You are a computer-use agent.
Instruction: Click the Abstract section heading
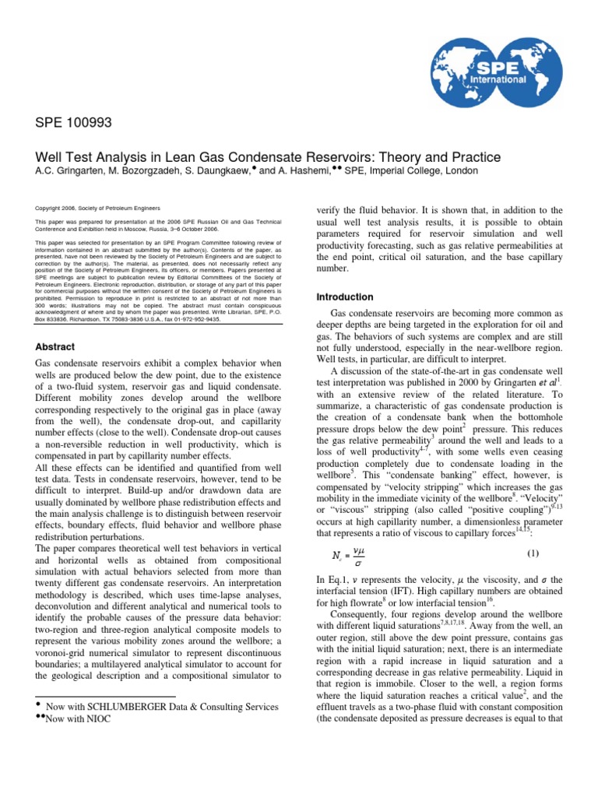(x=55, y=347)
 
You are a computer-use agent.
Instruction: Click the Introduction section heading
(x=345, y=297)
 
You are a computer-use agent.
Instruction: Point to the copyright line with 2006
(x=98, y=209)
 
